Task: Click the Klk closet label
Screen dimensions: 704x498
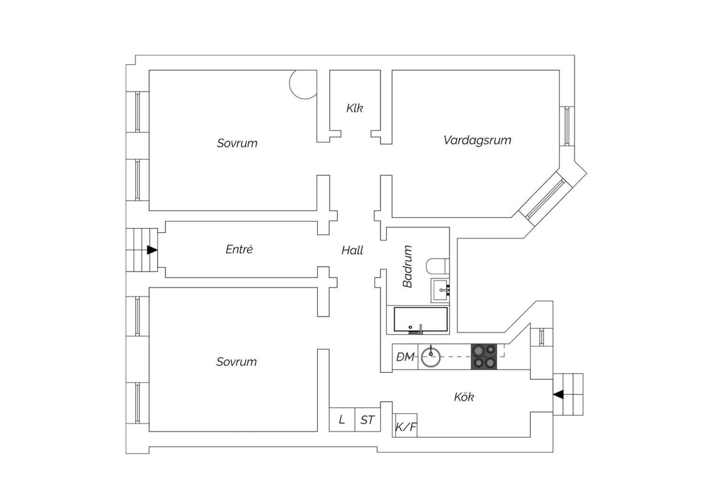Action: point(354,108)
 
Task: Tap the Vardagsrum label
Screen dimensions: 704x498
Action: point(477,140)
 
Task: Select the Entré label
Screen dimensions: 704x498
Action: point(239,249)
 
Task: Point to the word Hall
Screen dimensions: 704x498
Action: point(352,250)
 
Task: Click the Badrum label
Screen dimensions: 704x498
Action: point(407,266)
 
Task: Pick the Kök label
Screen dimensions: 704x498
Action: point(464,397)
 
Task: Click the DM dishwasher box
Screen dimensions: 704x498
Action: point(405,357)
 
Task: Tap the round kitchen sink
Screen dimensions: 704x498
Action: point(430,357)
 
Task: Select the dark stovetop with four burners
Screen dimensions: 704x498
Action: point(484,357)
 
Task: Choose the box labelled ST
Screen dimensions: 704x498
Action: point(367,420)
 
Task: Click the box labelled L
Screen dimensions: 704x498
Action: point(342,420)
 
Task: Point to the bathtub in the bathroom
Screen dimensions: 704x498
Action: point(421,319)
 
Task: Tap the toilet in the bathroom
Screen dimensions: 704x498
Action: point(437,266)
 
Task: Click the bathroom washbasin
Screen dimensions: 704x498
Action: point(440,290)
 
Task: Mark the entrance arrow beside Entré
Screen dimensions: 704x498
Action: point(152,250)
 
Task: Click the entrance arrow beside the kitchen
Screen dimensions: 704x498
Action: point(558,394)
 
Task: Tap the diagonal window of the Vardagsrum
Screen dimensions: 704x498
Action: point(546,199)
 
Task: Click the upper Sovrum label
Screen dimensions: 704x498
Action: point(237,143)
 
